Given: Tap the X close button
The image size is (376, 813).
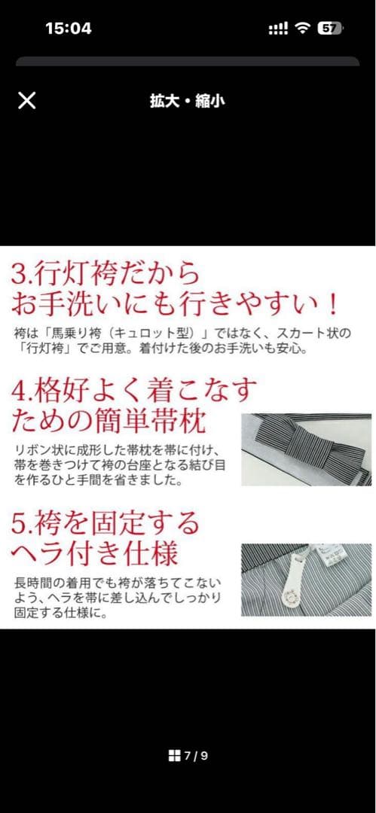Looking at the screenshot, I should point(26,100).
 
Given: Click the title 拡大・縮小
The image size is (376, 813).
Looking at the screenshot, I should point(187,101).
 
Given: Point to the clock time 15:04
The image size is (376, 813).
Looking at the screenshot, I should point(69,29).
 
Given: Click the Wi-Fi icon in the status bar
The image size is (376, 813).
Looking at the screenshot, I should point(303,29).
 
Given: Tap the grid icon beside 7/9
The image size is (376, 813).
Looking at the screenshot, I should point(174,756).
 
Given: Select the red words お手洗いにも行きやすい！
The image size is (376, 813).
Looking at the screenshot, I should point(174,303).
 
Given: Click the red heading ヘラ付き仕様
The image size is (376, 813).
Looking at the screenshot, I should point(94,553).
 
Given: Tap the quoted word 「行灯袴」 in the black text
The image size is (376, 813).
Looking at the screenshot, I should point(38,349).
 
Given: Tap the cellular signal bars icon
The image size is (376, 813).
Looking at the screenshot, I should point(278,29).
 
